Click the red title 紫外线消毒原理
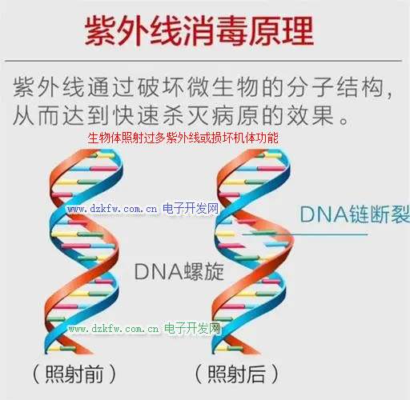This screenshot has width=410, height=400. [199, 30]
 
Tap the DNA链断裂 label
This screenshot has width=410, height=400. [355, 214]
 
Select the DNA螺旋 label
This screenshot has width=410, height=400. [179, 271]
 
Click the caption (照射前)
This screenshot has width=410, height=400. [74, 374]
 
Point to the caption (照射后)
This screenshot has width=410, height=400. [237, 374]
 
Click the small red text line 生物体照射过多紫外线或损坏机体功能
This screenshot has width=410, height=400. [183, 138]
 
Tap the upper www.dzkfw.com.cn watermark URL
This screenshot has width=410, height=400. [112, 209]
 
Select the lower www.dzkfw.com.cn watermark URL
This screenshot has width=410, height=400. [114, 329]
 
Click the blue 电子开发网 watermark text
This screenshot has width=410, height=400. [191, 208]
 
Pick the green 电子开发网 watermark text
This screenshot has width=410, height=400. [192, 328]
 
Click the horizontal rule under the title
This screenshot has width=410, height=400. [203, 61]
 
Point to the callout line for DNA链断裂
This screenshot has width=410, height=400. [305, 234]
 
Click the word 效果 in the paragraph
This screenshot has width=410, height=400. [311, 115]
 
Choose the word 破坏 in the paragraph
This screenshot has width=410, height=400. [161, 87]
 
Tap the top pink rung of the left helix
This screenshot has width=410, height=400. [104, 168]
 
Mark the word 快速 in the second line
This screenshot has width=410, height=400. [136, 115]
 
